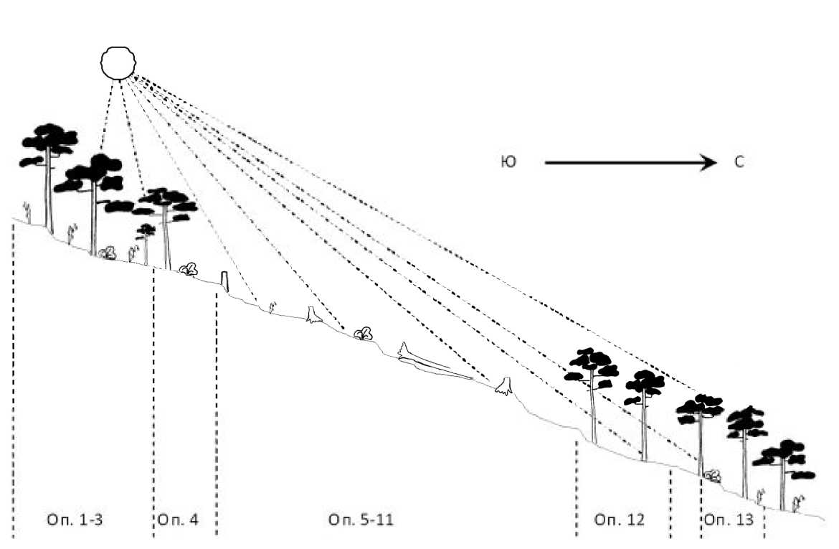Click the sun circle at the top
(118, 62)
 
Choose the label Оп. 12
(620, 519)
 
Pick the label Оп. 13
(729, 519)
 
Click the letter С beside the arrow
(739, 163)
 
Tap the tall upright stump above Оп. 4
(224, 281)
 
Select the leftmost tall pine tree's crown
(49, 144)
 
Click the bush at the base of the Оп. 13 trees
(712, 474)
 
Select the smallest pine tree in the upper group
(146, 231)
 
